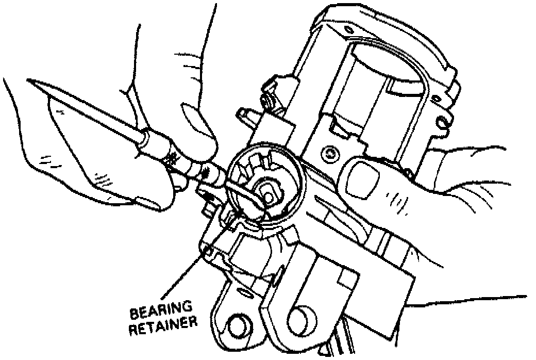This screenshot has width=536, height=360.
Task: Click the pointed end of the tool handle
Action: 31,81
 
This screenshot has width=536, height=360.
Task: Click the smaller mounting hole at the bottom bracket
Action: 238,325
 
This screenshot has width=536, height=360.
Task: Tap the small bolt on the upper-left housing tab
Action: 269,100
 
